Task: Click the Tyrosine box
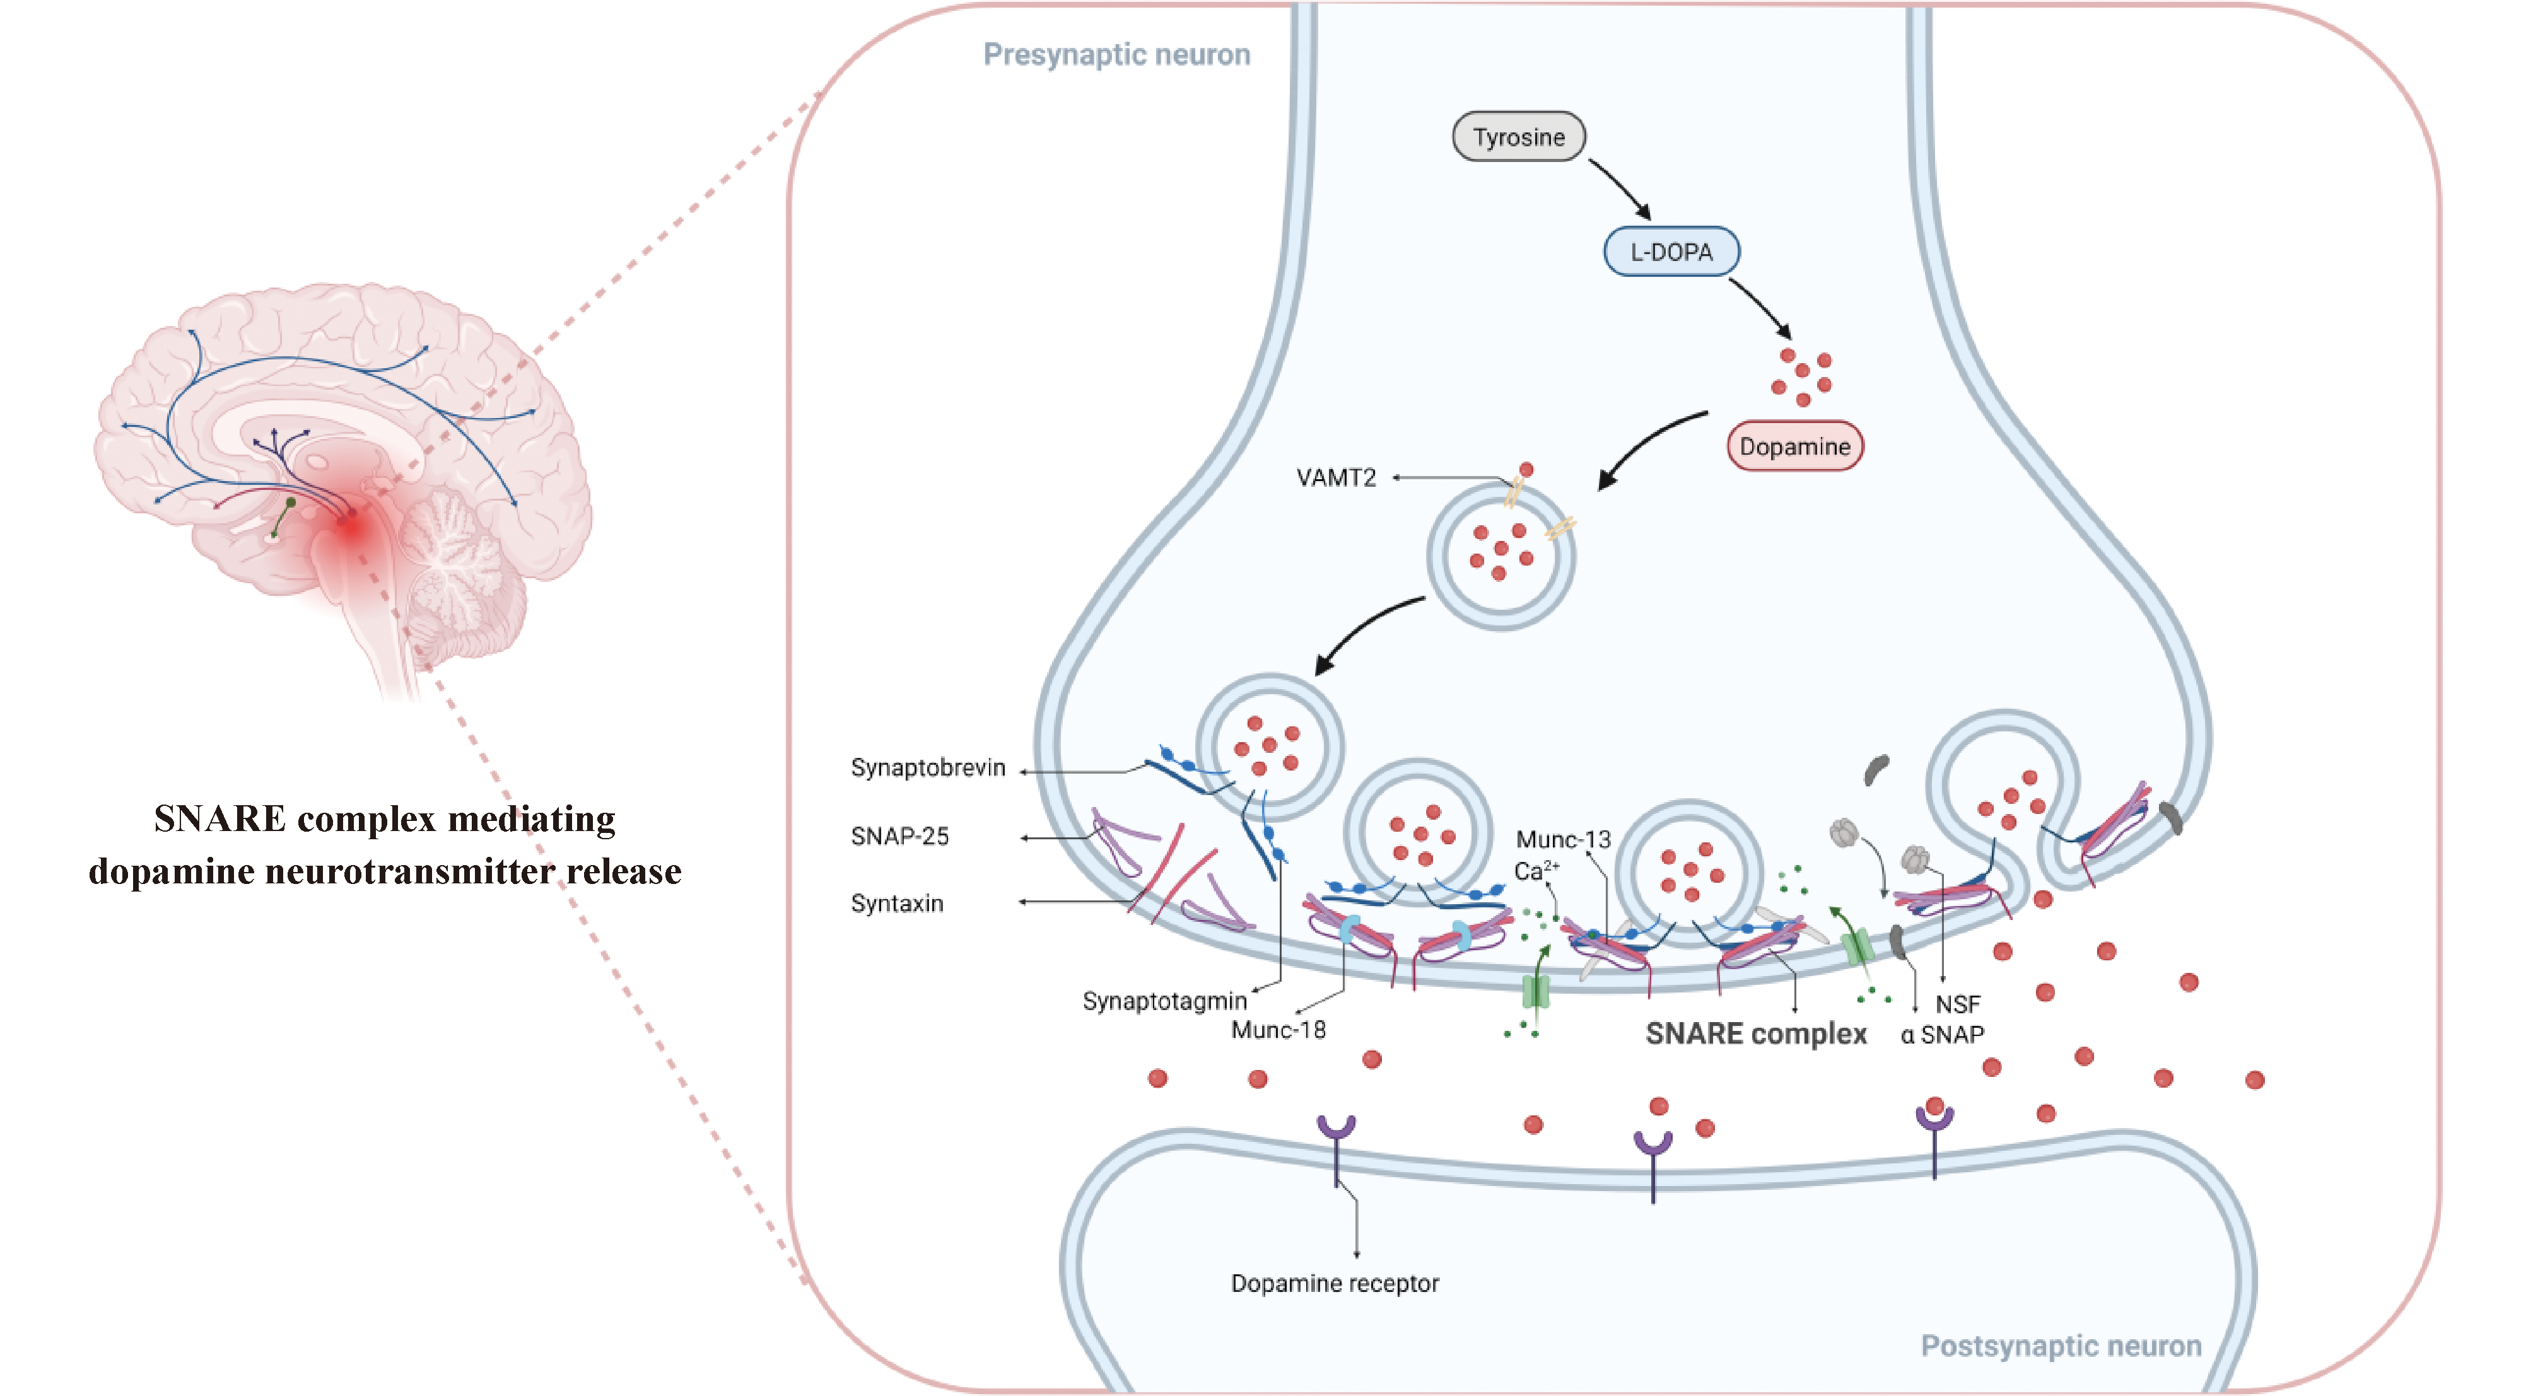1518,137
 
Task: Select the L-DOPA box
1671,252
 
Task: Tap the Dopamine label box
1794,446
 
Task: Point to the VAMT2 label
1335,478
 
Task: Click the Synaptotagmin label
1164,1001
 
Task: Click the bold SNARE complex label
1756,1034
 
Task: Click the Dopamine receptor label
1335,1284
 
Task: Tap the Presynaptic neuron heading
1116,55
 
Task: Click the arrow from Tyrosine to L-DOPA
1620,190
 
